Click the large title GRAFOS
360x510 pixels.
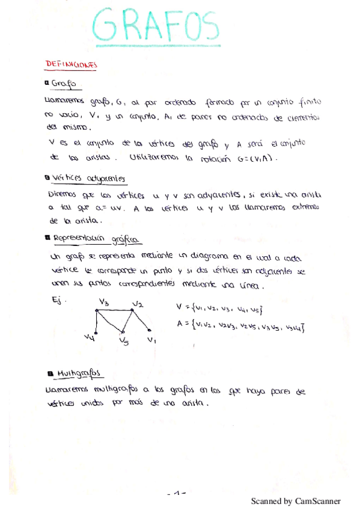158,26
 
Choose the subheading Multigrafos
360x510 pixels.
78,374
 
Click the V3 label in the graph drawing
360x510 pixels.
103,302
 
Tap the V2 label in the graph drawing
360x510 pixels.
138,304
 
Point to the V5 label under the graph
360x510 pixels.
124,342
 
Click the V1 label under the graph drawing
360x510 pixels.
151,340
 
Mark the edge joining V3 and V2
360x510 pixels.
114,310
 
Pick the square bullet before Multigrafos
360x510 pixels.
47,373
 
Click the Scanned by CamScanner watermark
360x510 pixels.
296,501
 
